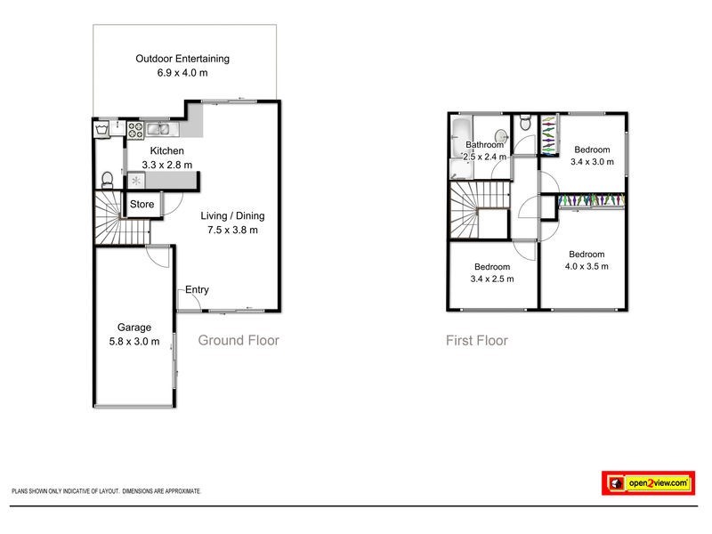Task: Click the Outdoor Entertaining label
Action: click(182, 59)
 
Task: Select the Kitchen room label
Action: click(166, 151)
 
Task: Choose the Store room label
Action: click(142, 205)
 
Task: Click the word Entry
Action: click(197, 290)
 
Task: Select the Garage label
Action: click(131, 328)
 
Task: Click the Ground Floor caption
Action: click(238, 340)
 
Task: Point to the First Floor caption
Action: click(477, 340)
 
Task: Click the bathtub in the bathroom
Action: click(461, 140)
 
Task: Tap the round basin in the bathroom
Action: click(501, 136)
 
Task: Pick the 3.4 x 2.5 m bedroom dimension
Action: click(492, 279)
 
